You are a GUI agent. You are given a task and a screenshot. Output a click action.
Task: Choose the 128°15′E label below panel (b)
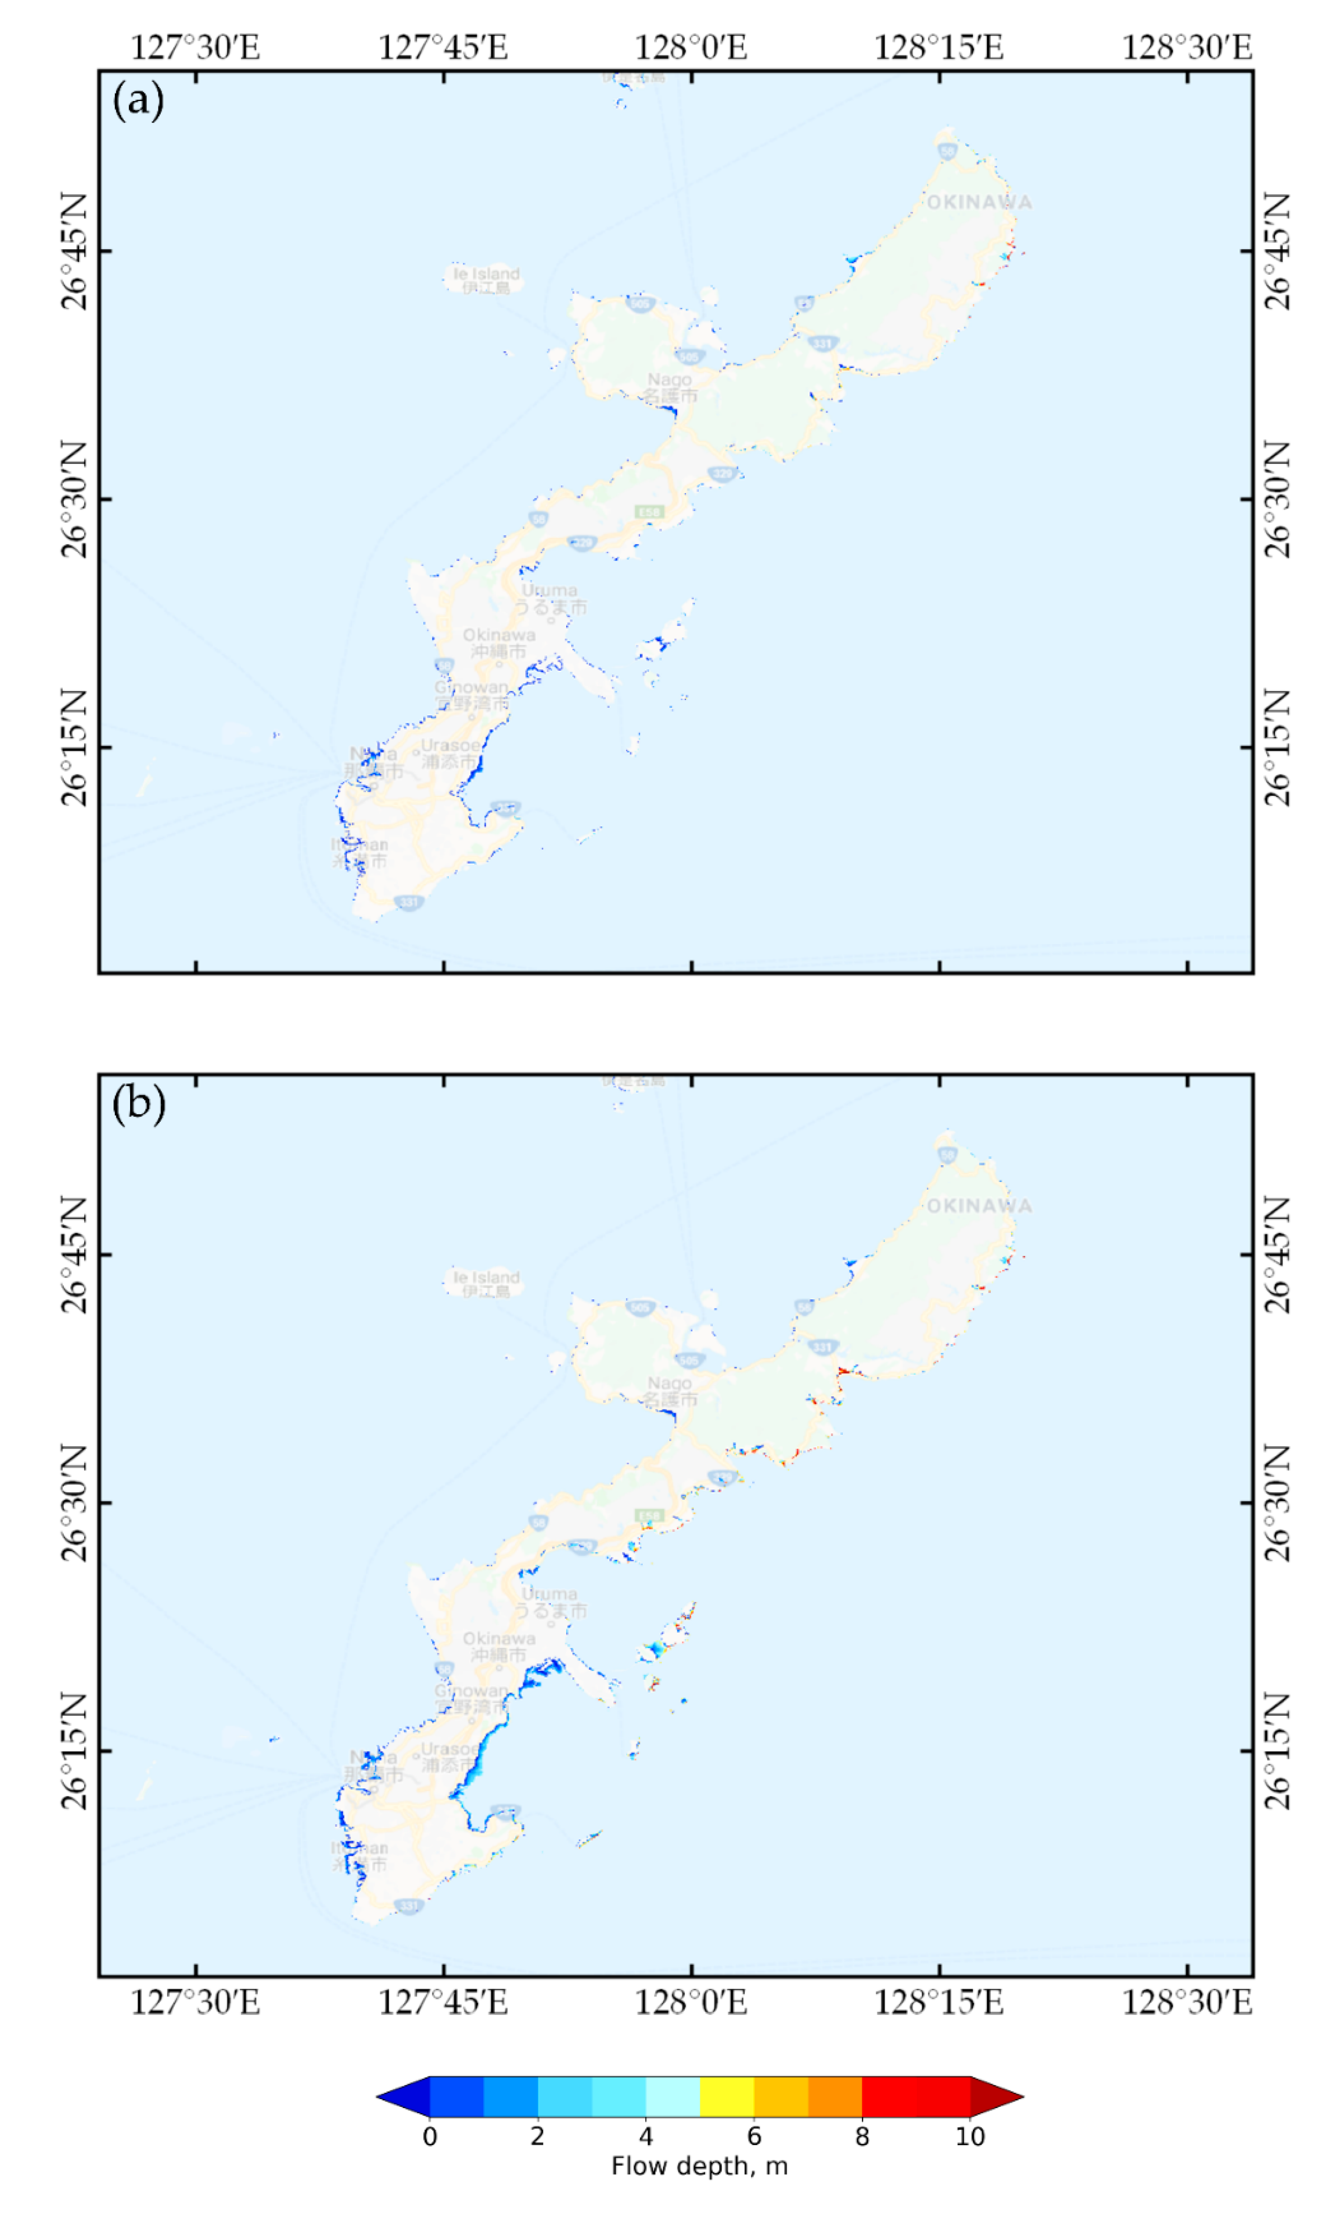tap(939, 2003)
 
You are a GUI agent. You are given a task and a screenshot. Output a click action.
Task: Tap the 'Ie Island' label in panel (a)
tap(486, 273)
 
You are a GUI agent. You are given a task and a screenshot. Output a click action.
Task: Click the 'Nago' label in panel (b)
tap(669, 1383)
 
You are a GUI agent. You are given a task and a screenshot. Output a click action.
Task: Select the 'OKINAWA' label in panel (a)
tap(979, 202)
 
